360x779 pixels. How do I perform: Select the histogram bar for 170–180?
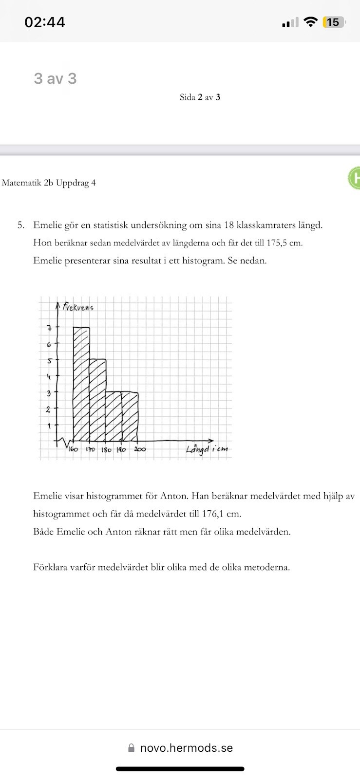(98, 399)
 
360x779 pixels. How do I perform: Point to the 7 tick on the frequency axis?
(49, 328)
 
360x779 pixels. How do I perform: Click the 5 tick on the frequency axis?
(49, 361)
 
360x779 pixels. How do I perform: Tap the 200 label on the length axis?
(140, 449)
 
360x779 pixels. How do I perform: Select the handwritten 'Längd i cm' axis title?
(207, 449)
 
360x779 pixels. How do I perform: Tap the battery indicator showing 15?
(334, 22)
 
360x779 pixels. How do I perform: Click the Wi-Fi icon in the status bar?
(310, 22)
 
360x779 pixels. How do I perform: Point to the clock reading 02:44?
(45, 22)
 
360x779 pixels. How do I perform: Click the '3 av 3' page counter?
(55, 78)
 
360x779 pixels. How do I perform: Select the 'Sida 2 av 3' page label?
(200, 97)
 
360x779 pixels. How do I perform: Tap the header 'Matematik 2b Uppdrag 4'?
(49, 183)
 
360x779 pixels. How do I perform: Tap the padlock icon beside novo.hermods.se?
(131, 748)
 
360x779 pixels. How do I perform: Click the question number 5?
(20, 225)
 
